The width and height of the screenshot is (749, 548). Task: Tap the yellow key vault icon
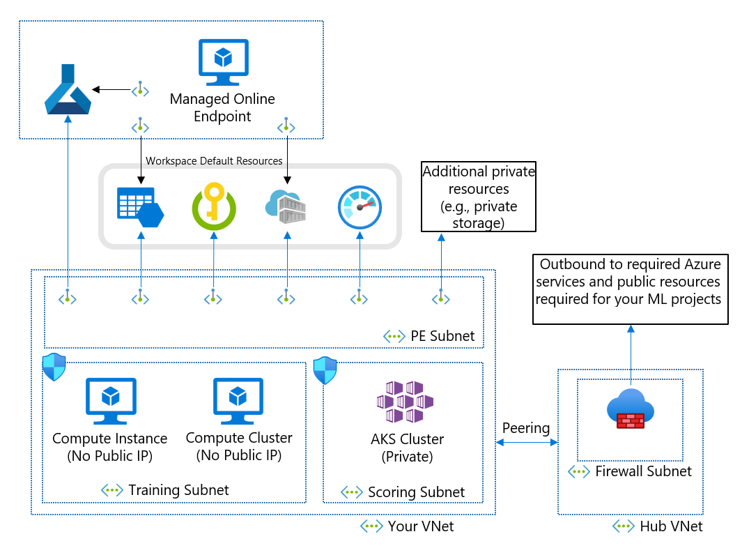click(x=213, y=206)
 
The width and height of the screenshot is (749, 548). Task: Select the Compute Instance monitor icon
click(x=110, y=401)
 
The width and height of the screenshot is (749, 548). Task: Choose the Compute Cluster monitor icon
click(x=238, y=401)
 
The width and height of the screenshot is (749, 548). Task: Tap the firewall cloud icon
click(x=631, y=409)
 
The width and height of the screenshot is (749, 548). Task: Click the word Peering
click(x=526, y=428)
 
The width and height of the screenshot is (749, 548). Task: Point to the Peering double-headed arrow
click(x=527, y=443)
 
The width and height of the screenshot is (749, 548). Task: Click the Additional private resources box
click(x=478, y=197)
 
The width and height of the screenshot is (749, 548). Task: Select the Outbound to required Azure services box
click(x=631, y=289)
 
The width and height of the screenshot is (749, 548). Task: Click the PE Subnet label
click(x=442, y=335)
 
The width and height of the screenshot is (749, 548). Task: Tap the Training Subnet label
click(x=178, y=490)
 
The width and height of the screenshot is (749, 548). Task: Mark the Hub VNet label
click(x=670, y=526)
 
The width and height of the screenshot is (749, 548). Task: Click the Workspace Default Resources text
click(x=214, y=161)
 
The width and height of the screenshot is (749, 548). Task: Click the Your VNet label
click(x=421, y=526)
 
